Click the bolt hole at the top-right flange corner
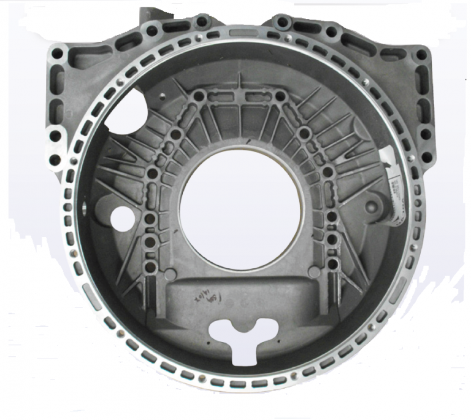pos(421,54)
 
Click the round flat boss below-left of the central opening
pos(171,273)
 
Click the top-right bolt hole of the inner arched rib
pos(280,96)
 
